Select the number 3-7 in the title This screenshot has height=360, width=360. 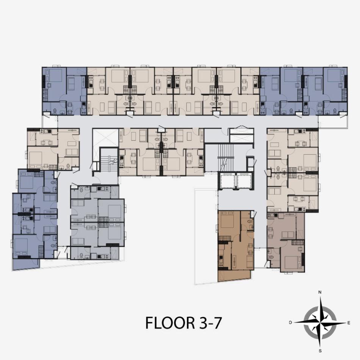point(210,322)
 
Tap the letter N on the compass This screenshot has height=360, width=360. point(319,292)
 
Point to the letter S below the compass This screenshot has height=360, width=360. point(320,351)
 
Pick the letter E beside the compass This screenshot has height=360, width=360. point(349,323)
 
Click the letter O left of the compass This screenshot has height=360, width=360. point(290,322)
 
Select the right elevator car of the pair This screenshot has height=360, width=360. point(244,180)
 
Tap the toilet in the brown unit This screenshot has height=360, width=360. point(250,222)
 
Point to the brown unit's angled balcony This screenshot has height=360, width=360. point(234,275)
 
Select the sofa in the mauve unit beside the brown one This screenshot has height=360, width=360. point(288,235)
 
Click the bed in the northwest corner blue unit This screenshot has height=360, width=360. point(55,75)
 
